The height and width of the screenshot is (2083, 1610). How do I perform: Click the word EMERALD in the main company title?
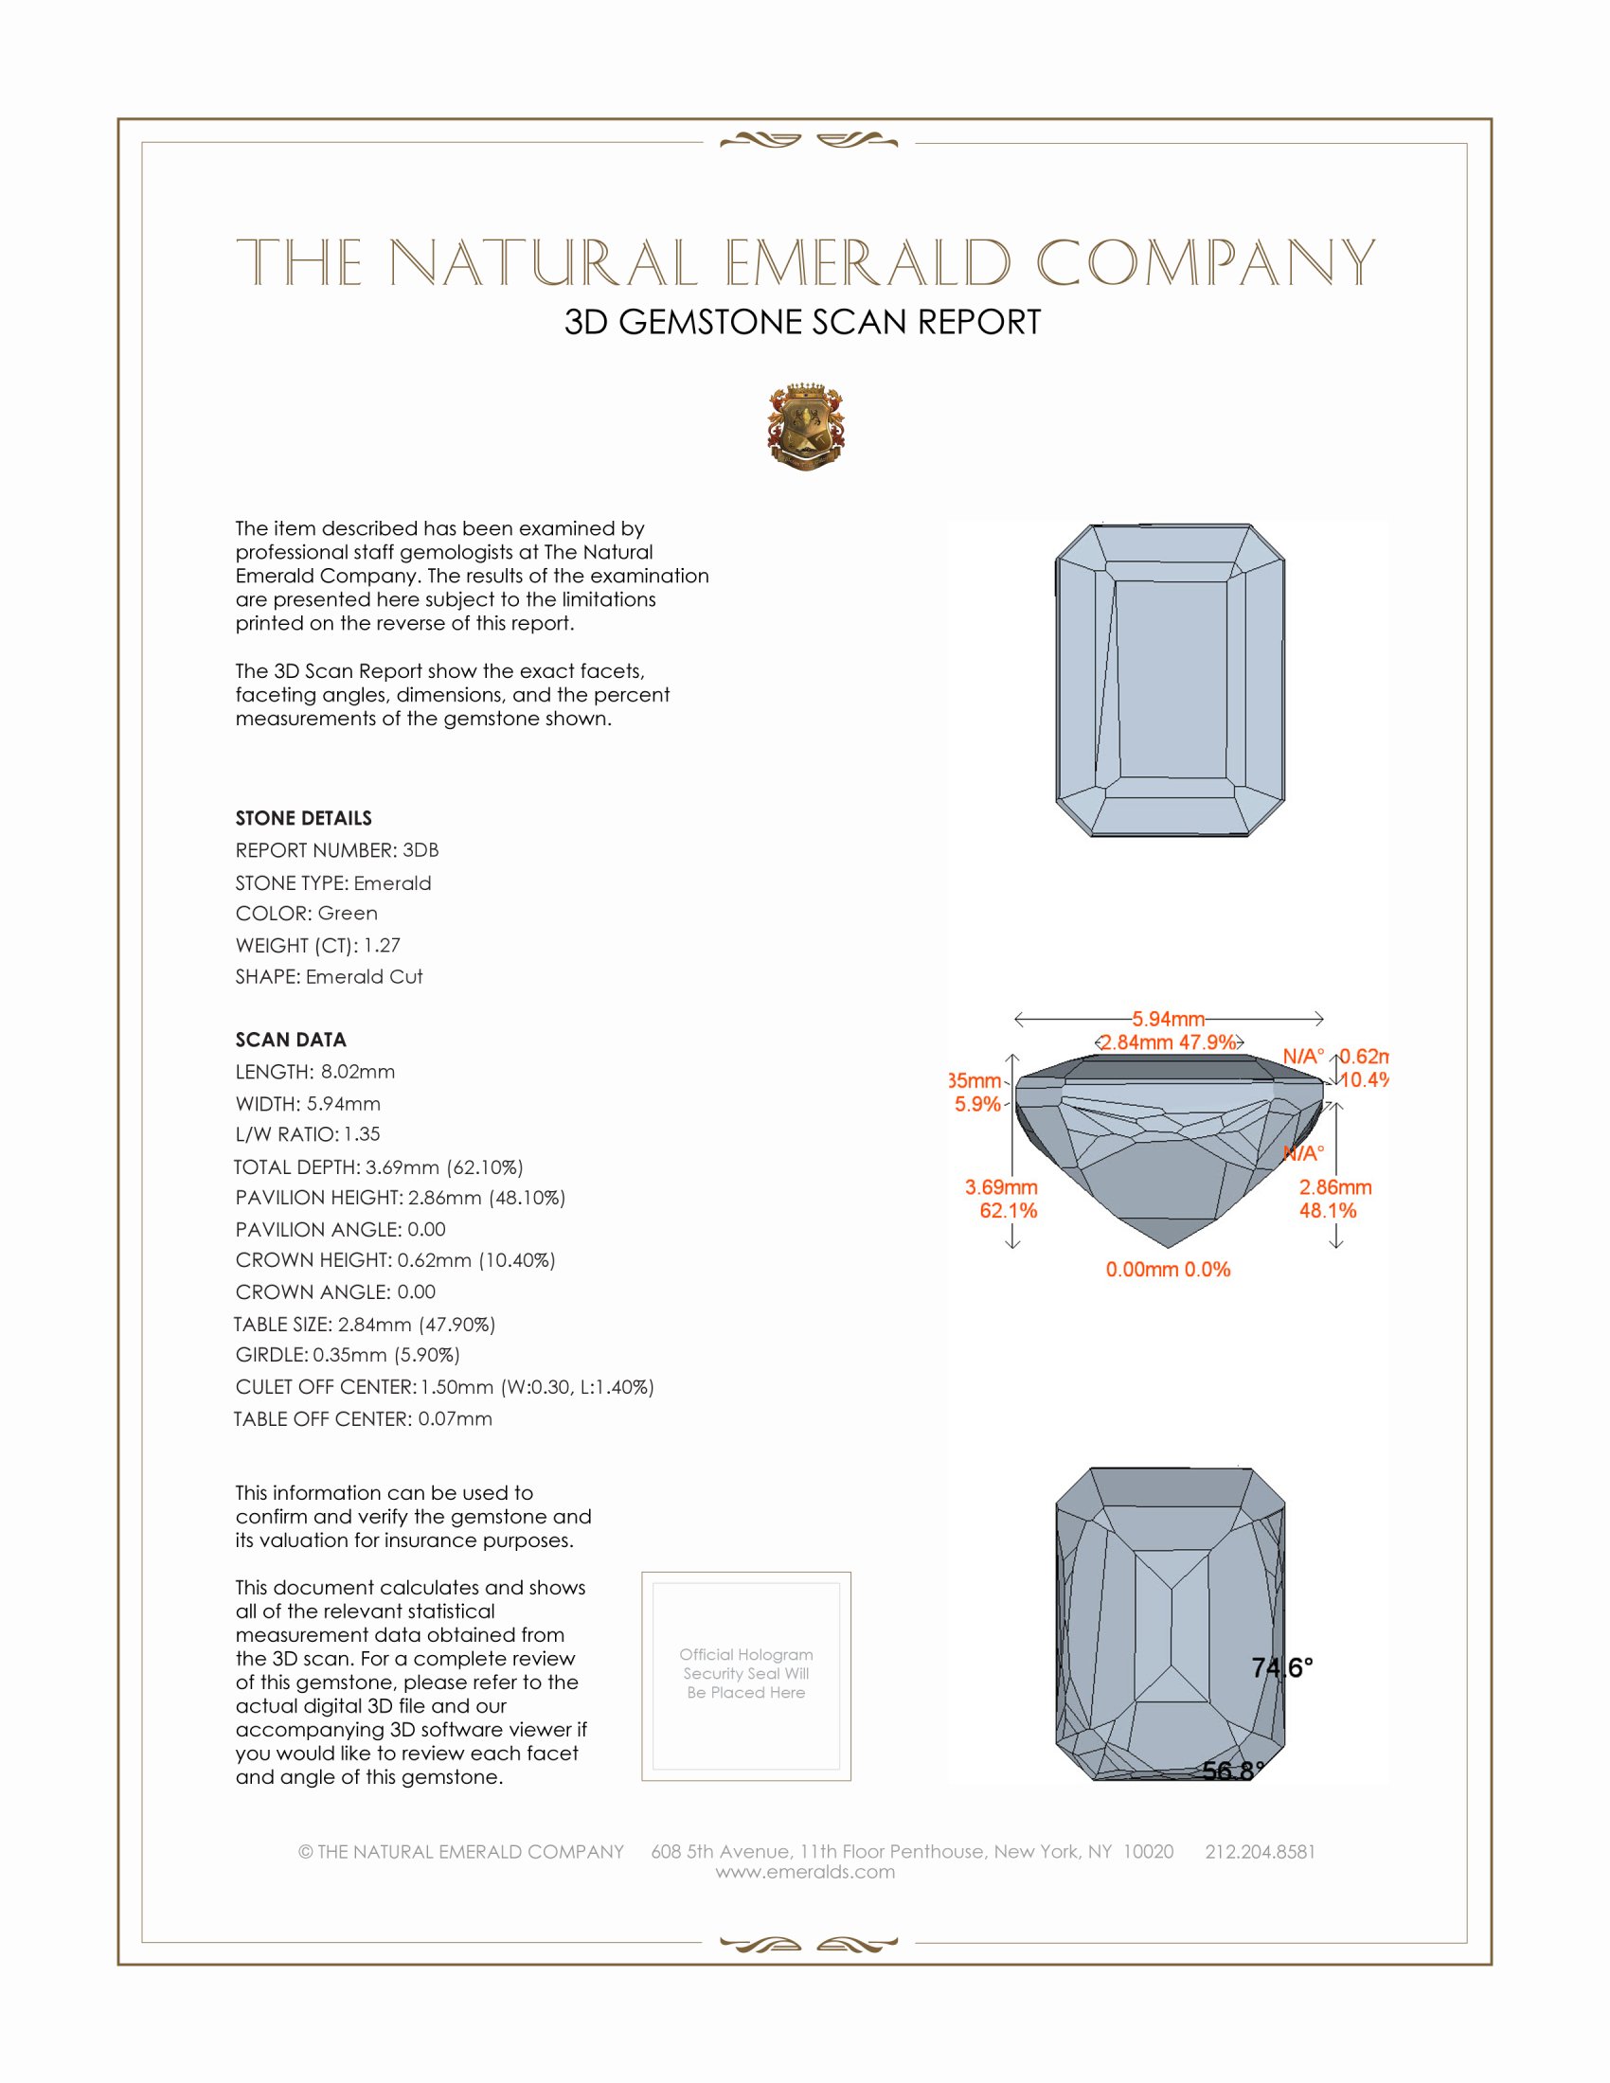(x=867, y=263)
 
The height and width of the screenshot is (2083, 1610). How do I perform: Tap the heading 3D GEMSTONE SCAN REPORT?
(x=802, y=322)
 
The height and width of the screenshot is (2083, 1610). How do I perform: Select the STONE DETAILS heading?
(x=303, y=818)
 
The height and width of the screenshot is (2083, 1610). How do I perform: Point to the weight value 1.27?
(x=382, y=945)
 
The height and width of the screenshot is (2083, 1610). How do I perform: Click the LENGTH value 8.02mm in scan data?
(x=358, y=1072)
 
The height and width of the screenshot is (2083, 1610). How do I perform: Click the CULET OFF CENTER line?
(x=444, y=1387)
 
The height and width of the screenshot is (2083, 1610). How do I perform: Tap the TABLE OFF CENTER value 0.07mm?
(x=455, y=1419)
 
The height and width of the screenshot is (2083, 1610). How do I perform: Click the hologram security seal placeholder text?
(x=746, y=1673)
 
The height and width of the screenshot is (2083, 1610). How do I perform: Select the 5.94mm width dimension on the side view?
(x=1169, y=1019)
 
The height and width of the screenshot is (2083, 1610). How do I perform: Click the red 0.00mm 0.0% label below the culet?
(x=1168, y=1270)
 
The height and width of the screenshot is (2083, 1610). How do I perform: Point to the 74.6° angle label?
(x=1282, y=1667)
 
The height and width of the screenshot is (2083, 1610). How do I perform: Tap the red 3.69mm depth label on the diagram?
(x=1000, y=1187)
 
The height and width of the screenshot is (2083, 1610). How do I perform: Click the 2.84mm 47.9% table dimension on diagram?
(x=1169, y=1042)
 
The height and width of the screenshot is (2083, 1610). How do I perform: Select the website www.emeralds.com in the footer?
(x=805, y=1872)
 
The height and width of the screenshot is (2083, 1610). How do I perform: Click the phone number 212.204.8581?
(x=1259, y=1851)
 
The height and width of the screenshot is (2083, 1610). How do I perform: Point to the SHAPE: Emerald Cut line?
(x=329, y=977)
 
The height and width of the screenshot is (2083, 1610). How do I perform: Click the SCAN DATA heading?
(x=291, y=1040)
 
